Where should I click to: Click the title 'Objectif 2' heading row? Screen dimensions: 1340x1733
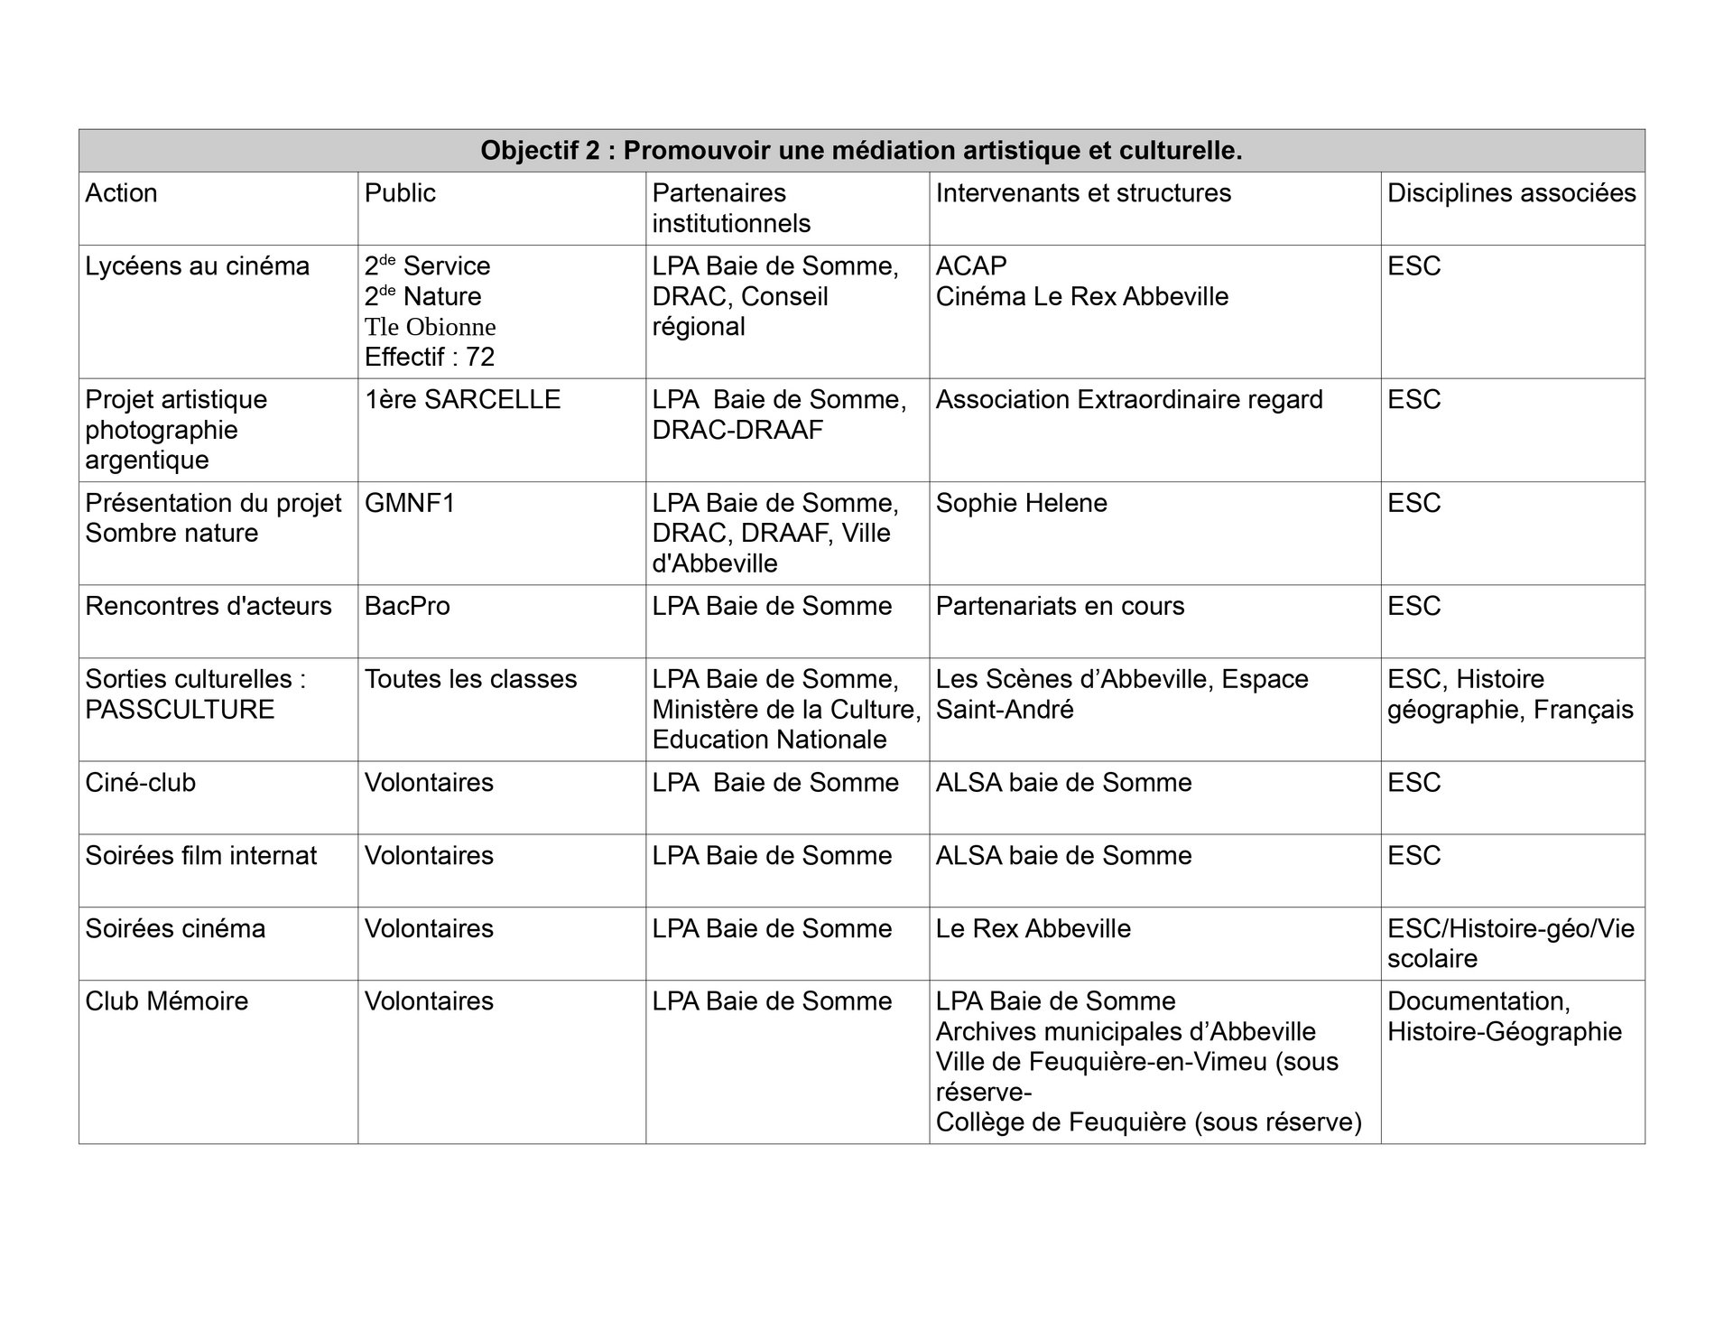pyautogui.click(x=861, y=151)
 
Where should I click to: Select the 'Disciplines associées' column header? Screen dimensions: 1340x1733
pyautogui.click(x=1511, y=193)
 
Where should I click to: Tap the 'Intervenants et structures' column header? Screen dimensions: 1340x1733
pyautogui.click(x=1083, y=193)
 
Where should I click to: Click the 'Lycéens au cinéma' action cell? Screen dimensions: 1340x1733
pyautogui.click(x=197, y=266)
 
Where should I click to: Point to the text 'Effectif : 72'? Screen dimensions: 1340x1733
pyautogui.click(x=430, y=358)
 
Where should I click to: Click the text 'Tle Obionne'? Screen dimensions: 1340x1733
pyautogui.click(x=430, y=327)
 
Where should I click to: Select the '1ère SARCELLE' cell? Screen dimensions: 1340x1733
pyautogui.click(x=462, y=400)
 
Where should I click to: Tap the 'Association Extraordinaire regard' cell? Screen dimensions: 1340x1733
pyautogui.click(x=1129, y=400)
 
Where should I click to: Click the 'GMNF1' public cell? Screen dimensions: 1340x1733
pyautogui.click(x=410, y=503)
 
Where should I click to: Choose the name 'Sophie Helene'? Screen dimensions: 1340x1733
pyautogui.click(x=1021, y=503)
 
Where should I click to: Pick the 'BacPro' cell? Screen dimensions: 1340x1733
pyautogui.click(x=407, y=606)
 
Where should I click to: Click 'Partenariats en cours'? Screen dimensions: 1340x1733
pyautogui.click(x=1060, y=606)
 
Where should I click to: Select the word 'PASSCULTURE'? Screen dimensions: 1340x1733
pyautogui.click(x=180, y=710)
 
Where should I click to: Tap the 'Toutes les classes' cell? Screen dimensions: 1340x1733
pyautogui.click(x=470, y=679)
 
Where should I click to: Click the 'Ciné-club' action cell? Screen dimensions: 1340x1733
pyautogui.click(x=140, y=783)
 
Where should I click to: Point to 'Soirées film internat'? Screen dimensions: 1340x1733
pyautogui.click(x=200, y=856)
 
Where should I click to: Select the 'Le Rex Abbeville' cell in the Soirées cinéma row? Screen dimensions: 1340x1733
pyautogui.click(x=1033, y=929)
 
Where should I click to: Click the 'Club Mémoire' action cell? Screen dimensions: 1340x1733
pyautogui.click(x=166, y=1001)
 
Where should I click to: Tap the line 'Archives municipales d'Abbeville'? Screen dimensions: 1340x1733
pyautogui.click(x=1126, y=1032)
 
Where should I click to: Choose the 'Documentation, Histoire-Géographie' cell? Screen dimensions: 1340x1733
pyautogui.click(x=1505, y=1017)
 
